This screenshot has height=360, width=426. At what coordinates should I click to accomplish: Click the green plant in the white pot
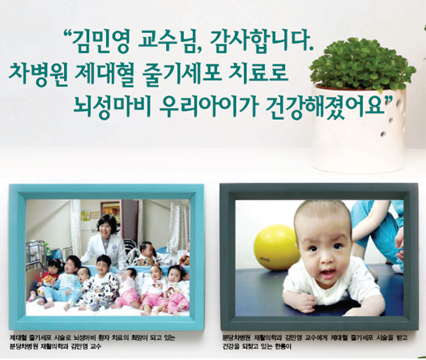[x=362, y=63]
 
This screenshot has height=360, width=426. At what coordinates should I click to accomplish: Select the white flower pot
[x=359, y=129]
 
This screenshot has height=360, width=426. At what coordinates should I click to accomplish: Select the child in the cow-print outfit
[x=100, y=282]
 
